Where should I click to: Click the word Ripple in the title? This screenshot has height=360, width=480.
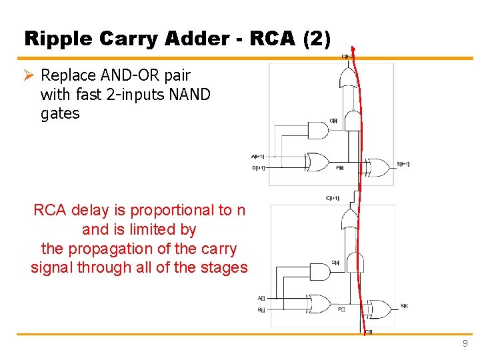pyautogui.click(x=55, y=39)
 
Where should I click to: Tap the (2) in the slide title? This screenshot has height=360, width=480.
pyautogui.click(x=317, y=39)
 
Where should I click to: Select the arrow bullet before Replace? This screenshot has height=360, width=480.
pyautogui.click(x=29, y=75)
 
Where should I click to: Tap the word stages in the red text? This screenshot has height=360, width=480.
pyautogui.click(x=224, y=268)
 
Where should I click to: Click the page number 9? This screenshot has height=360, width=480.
pyautogui.click(x=465, y=344)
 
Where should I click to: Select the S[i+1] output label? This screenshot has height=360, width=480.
pyautogui.click(x=403, y=164)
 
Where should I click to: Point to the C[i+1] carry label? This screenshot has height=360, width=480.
pyautogui.click(x=333, y=198)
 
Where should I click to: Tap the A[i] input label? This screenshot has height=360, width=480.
pyautogui.click(x=261, y=298)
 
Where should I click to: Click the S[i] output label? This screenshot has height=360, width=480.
pyautogui.click(x=404, y=307)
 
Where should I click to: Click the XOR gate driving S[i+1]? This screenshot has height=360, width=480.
pyautogui.click(x=379, y=167)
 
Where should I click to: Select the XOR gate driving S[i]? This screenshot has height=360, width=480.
pyautogui.click(x=381, y=309)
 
